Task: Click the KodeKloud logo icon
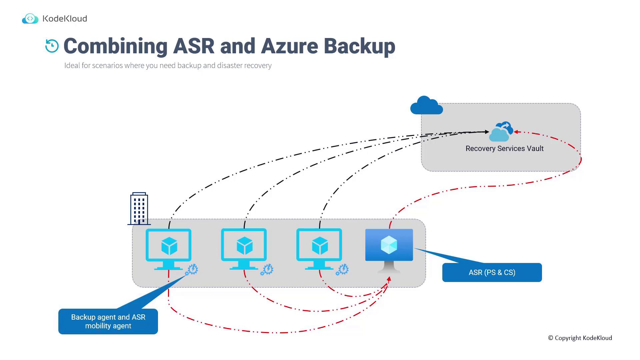pyautogui.click(x=30, y=19)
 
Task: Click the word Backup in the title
pyautogui.click(x=359, y=46)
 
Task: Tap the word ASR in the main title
pyautogui.click(x=194, y=46)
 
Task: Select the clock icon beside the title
pyautogui.click(x=52, y=46)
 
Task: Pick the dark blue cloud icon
pyautogui.click(x=426, y=106)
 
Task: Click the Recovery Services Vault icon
pyautogui.click(x=501, y=131)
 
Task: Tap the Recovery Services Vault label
pyautogui.click(x=504, y=149)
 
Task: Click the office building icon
pyautogui.click(x=139, y=209)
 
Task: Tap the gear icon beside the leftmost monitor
pyautogui.click(x=192, y=270)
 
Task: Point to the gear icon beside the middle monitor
pyautogui.click(x=267, y=270)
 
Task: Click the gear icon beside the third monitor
pyautogui.click(x=342, y=270)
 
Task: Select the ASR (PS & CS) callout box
pyautogui.click(x=492, y=272)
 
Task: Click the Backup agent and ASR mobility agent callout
pyautogui.click(x=108, y=321)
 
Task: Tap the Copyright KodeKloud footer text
pyautogui.click(x=580, y=338)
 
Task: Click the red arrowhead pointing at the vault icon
pyautogui.click(x=516, y=132)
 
